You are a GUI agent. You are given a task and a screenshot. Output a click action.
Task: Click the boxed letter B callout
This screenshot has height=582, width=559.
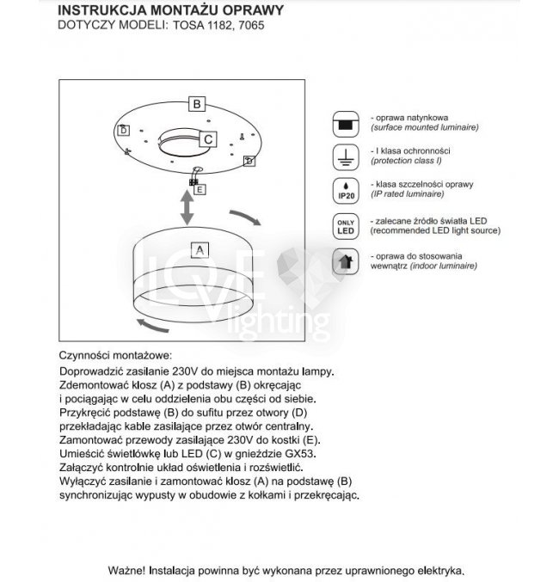(196, 104)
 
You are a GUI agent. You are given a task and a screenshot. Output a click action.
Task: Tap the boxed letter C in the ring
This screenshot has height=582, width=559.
(209, 138)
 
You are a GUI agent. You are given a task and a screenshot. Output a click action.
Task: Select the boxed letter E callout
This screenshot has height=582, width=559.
(200, 190)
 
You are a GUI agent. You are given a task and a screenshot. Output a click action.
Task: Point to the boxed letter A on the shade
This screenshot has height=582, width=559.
(199, 250)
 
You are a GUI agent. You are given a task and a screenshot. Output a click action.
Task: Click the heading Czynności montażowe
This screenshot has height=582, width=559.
(115, 354)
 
